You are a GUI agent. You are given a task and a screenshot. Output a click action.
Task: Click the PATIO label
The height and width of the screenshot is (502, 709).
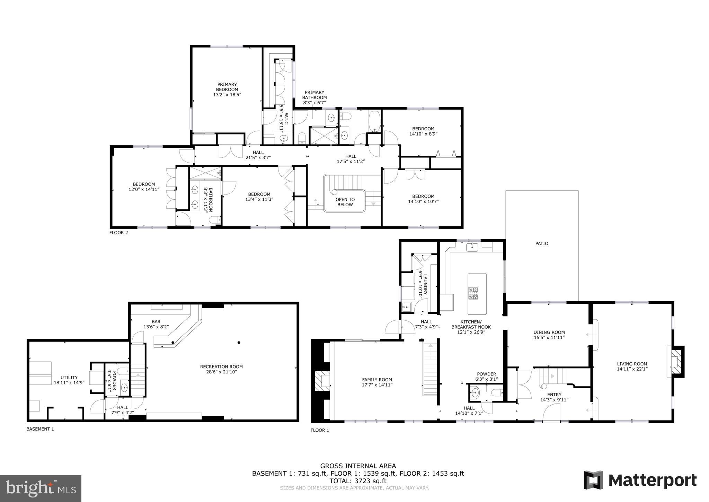(x=542, y=244)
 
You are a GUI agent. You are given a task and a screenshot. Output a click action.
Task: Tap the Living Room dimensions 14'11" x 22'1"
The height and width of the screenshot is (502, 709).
(x=632, y=369)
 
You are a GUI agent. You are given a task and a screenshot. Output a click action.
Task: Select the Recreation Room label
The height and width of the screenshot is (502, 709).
(x=221, y=366)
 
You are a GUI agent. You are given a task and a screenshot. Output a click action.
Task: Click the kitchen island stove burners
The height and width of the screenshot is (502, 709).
(x=473, y=293)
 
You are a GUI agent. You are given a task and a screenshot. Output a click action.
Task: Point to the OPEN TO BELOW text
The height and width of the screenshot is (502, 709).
(x=345, y=202)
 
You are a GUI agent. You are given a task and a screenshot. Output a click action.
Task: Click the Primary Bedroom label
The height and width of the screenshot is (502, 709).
(x=227, y=87)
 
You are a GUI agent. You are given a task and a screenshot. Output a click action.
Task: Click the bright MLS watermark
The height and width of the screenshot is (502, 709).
(x=41, y=488)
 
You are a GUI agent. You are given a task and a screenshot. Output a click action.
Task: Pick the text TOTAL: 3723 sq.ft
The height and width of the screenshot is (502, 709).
(x=358, y=481)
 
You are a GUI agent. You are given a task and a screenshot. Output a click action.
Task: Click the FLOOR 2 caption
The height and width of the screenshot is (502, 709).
(x=118, y=233)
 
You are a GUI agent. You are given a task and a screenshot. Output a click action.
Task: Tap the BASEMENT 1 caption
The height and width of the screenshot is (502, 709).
(x=40, y=429)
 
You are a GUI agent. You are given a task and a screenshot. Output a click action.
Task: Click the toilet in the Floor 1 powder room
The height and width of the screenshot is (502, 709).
(x=497, y=392)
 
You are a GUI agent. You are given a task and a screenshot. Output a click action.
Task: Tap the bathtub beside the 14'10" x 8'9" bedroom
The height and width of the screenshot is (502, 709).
(x=374, y=121)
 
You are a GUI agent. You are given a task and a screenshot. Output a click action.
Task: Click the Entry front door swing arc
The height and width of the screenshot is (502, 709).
(x=551, y=413)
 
